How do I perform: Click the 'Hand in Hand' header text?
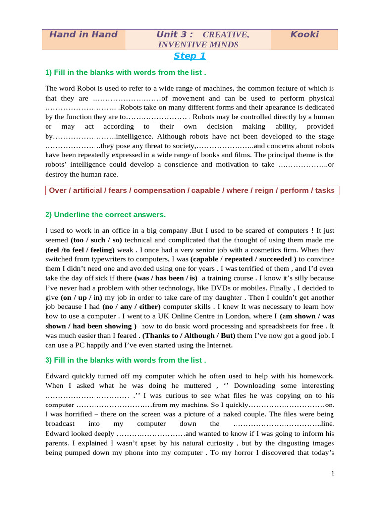[83, 35]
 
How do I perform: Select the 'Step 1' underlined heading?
[190, 56]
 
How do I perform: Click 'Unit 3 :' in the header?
[174, 35]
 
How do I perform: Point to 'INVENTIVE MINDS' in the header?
[198, 45]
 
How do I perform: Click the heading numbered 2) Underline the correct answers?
[105, 215]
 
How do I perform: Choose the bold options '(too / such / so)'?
[96, 240]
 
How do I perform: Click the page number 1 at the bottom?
[333, 474]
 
